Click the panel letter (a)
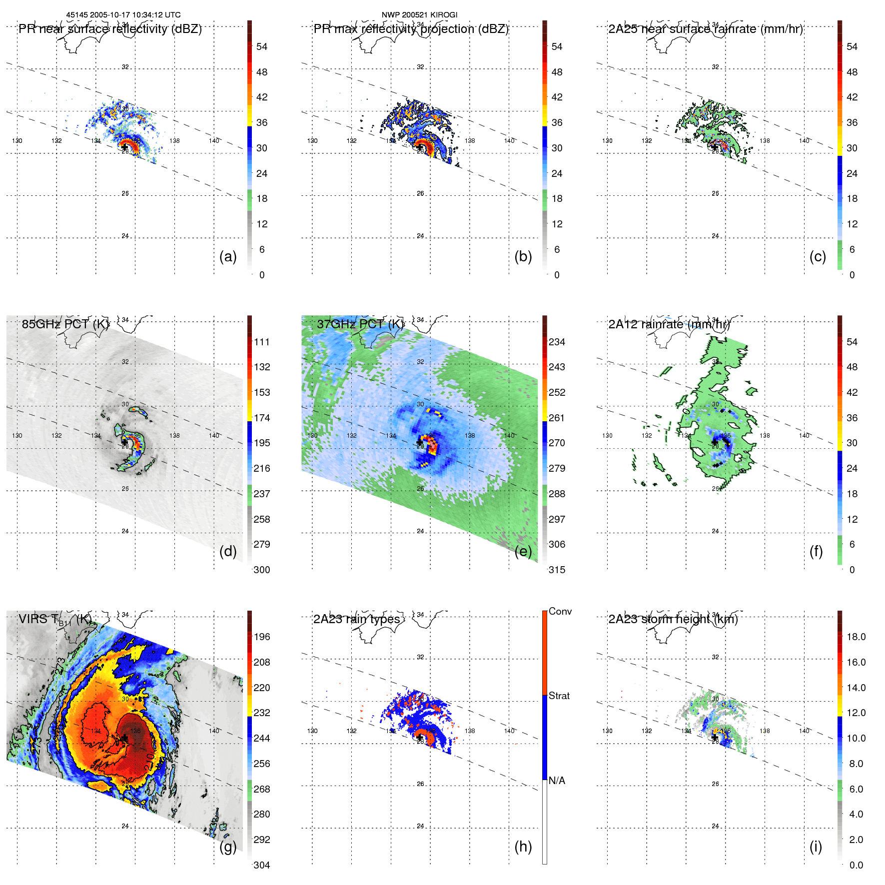click(x=228, y=257)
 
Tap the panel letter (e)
click(x=523, y=552)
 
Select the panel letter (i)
click(x=816, y=847)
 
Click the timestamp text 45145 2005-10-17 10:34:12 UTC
click(x=123, y=15)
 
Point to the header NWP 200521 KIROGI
click(x=419, y=15)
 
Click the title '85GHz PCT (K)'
click(x=65, y=324)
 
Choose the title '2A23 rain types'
click(x=356, y=619)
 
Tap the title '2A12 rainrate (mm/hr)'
click(x=669, y=324)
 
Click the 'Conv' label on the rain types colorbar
click(x=560, y=611)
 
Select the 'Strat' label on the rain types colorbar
click(x=559, y=696)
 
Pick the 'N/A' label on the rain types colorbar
click(x=557, y=781)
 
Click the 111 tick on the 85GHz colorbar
click(x=262, y=342)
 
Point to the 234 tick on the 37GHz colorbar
click(x=557, y=342)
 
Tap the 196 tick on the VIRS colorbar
click(x=262, y=637)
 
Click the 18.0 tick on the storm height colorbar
click(x=856, y=637)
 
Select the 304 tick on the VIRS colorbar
click(x=262, y=865)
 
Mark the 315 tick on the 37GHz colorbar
click(x=557, y=570)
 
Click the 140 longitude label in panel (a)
click(x=214, y=141)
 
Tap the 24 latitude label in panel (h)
click(x=420, y=826)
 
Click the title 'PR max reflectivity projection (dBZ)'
click(x=411, y=29)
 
